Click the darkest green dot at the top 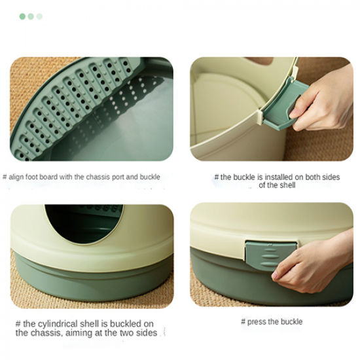22,16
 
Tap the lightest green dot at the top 39,16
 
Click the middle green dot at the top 31,16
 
